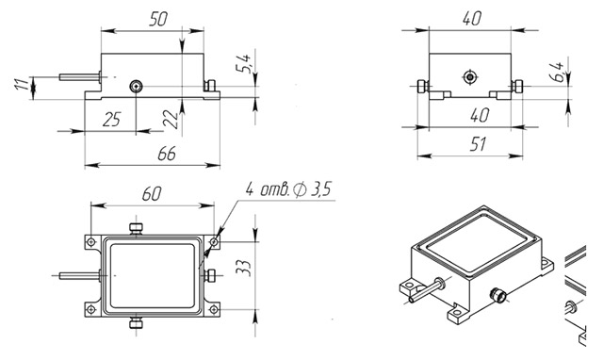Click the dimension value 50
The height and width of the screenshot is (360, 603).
[158, 19]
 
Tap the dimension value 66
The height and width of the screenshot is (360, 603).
[167, 154]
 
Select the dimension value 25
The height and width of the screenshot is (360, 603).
[111, 120]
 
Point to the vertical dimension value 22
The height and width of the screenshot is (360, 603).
[171, 120]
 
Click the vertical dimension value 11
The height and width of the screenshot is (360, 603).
[23, 85]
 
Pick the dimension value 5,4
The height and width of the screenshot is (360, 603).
[244, 64]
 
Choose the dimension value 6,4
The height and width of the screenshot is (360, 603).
[558, 72]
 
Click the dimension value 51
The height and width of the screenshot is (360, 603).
[478, 144]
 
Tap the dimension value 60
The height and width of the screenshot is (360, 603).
[151, 194]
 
